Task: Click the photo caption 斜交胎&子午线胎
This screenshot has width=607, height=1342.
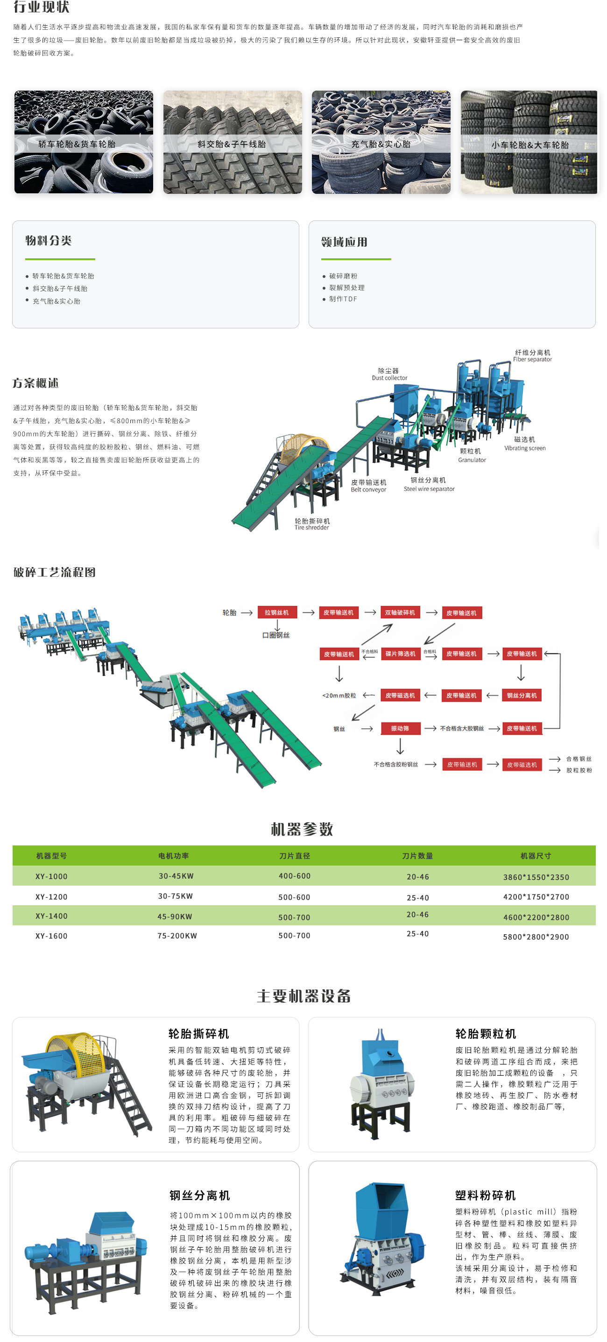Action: (232, 144)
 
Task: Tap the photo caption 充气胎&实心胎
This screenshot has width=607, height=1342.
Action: (381, 144)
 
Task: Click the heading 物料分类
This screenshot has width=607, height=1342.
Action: (49, 241)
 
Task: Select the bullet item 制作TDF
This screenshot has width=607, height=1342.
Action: (343, 299)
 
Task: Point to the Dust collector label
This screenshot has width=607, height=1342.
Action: (389, 375)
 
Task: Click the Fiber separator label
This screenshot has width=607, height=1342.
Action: (532, 356)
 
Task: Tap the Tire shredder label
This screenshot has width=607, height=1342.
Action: (312, 524)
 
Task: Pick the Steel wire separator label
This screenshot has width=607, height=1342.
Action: (429, 484)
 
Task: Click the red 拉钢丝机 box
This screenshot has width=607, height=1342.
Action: (276, 613)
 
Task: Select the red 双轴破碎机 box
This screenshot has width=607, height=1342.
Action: (400, 613)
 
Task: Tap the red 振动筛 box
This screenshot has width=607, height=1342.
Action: (400, 728)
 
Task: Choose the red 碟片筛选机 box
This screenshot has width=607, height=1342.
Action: (400, 654)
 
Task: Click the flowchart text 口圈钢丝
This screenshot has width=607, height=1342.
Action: (276, 635)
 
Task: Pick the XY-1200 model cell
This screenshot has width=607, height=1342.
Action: (51, 896)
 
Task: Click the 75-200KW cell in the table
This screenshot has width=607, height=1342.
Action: (177, 936)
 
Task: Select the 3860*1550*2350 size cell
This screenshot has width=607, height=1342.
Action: (536, 877)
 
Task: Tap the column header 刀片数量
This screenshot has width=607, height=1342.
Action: (417, 856)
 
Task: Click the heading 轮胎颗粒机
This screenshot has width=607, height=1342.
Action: (485, 1034)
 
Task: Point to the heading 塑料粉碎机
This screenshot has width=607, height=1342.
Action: (485, 1195)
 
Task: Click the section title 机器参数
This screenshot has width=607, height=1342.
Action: (302, 829)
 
